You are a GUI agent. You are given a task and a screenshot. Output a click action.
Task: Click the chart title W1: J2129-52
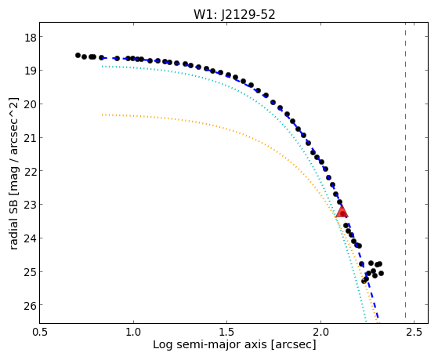234,15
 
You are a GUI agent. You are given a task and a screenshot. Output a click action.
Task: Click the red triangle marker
342,211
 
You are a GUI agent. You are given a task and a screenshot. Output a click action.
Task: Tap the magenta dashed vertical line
405,173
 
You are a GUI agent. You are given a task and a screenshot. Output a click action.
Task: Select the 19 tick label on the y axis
30,71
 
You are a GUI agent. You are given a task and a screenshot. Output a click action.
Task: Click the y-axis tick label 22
30,171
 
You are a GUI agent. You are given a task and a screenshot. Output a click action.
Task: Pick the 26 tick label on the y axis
30,305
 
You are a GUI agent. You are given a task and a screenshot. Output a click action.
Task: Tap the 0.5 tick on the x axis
40,332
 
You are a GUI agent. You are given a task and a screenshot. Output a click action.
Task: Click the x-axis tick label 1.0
133,332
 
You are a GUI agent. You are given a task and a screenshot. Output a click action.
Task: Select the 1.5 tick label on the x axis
227,332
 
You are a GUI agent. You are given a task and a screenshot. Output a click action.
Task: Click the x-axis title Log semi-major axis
210,344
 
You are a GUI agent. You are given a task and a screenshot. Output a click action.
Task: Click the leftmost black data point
78,55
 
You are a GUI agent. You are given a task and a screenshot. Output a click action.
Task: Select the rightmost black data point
381,273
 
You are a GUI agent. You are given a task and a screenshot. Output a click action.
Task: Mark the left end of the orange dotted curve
103,115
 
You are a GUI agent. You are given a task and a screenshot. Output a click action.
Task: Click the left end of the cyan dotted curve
103,67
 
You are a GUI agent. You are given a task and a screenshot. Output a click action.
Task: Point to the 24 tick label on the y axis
30,238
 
